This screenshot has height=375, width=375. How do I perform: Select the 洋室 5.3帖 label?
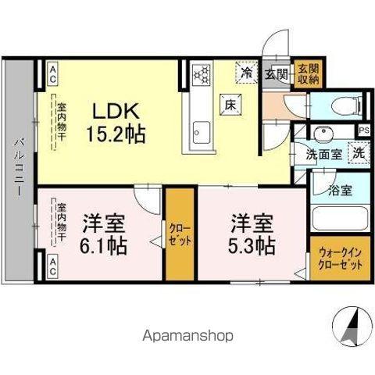(x=252, y=233)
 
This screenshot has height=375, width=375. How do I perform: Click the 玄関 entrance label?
(x=276, y=75)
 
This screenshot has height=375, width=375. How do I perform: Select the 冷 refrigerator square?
(x=247, y=74)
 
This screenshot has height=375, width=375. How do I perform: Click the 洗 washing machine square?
(x=357, y=153)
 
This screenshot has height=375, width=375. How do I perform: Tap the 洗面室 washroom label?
(x=323, y=154)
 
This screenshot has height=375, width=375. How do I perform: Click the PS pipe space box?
(x=364, y=130)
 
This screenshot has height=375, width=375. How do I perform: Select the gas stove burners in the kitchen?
(x=202, y=75)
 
